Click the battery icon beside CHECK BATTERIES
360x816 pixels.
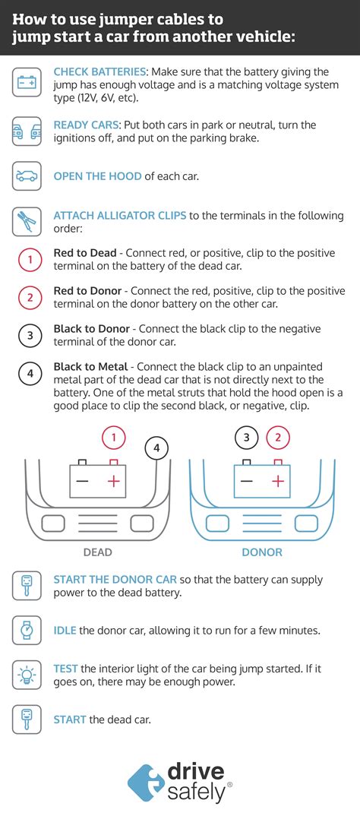pos(27,81)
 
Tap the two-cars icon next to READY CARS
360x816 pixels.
pos(27,131)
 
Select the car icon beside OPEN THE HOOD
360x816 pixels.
pos(27,176)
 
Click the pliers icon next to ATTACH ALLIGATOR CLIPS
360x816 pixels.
pos(27,221)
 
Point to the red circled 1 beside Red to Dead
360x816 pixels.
pos(30,260)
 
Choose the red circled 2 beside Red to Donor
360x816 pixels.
pos(30,298)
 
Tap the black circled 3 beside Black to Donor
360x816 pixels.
pos(30,335)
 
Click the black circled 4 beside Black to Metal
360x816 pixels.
pos(30,373)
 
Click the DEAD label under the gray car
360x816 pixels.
pos(97,552)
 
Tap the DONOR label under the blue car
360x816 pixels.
pos(262,552)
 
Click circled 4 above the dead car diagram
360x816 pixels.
pos(156,448)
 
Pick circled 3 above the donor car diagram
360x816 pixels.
pos(246,437)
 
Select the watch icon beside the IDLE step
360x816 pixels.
pos(27,630)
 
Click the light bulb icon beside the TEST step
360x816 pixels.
pos(27,674)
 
